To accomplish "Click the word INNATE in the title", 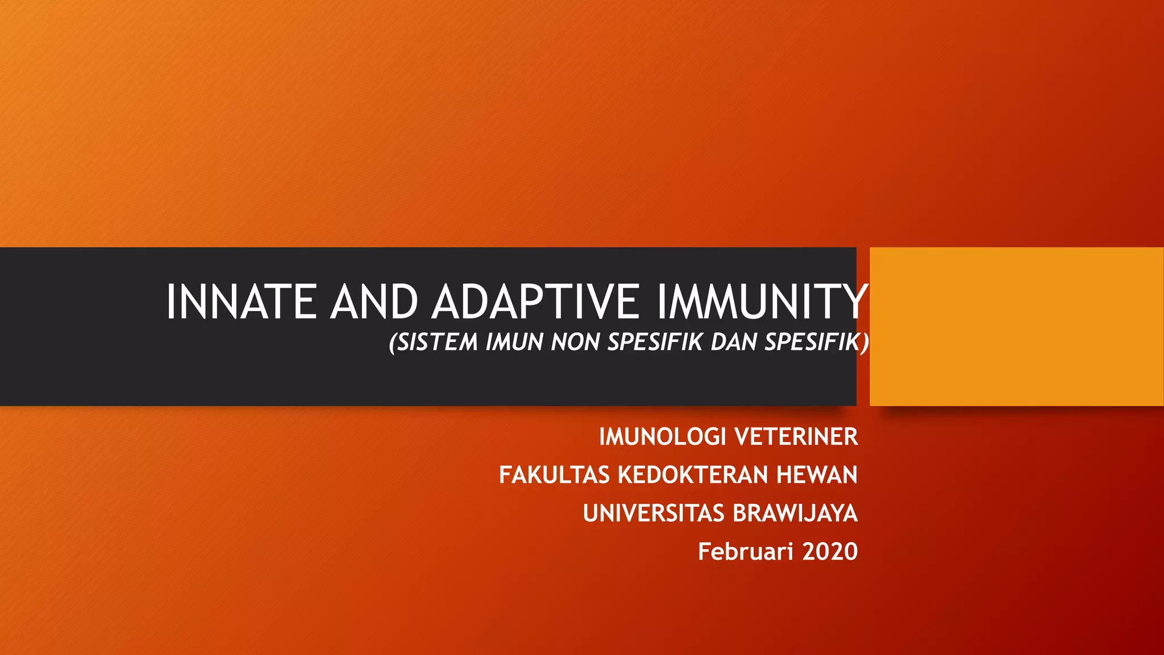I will (x=241, y=302).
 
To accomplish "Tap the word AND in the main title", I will (x=374, y=302).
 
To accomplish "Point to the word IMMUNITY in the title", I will (x=762, y=302).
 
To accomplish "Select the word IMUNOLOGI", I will (x=663, y=437).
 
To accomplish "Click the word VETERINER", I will (x=796, y=437).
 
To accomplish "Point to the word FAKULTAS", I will (x=555, y=475).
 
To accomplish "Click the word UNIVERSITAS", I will (x=654, y=513).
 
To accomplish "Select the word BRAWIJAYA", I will (x=795, y=513).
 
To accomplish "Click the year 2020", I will (x=830, y=552).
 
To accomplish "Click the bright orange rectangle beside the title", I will (x=1016, y=326).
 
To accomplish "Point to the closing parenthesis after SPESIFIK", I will (x=864, y=342).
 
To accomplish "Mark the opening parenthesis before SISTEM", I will (x=392, y=343).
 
